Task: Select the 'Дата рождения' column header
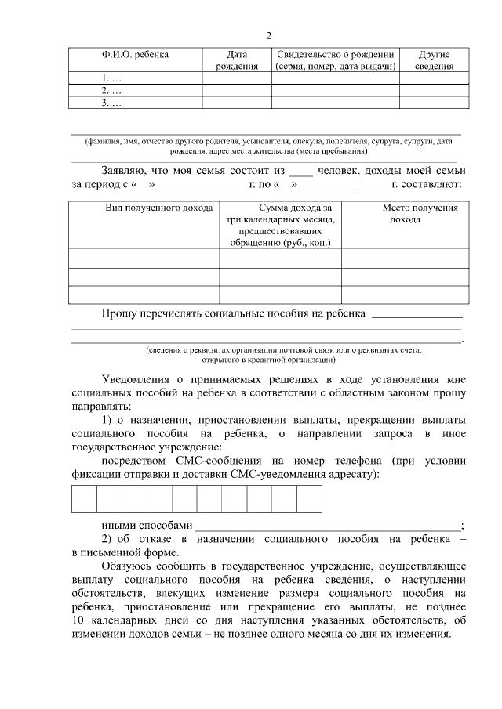[237, 60]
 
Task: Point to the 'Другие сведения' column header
[434, 60]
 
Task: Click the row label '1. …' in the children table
[113, 78]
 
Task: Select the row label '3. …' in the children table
[113, 103]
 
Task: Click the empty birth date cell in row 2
[237, 91]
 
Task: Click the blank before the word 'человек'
[301, 172]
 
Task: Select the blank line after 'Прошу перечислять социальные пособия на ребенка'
[416, 315]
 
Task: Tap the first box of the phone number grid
[84, 498]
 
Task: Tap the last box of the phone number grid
[310, 498]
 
